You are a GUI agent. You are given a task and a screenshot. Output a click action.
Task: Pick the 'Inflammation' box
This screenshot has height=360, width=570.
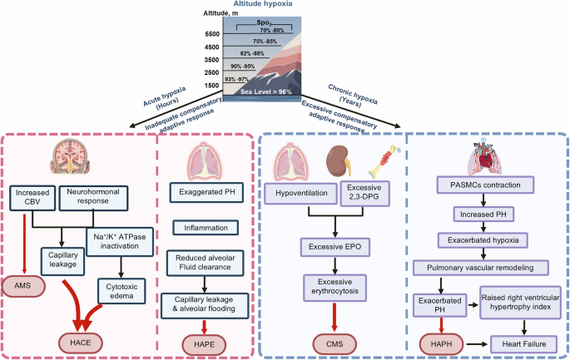(x=205, y=227)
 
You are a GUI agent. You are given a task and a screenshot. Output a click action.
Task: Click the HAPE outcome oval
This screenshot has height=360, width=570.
(x=205, y=341)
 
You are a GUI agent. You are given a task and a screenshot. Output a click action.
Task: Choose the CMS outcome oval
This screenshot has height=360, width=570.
(x=336, y=341)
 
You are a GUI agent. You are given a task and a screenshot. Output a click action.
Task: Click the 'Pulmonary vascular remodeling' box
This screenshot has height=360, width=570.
(x=480, y=267)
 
